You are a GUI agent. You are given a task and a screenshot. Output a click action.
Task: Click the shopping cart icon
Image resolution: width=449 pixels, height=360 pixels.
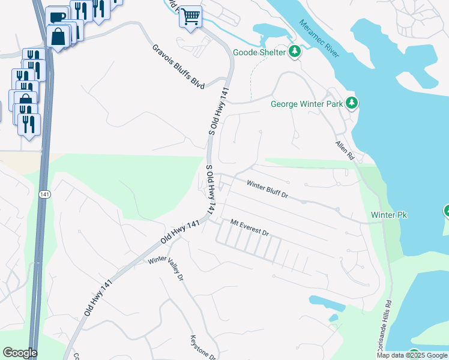tap(190, 16)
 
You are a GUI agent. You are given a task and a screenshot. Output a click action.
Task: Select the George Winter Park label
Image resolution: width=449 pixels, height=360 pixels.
tap(306, 104)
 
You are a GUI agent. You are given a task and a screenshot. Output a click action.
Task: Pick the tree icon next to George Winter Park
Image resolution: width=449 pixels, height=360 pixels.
tap(352, 103)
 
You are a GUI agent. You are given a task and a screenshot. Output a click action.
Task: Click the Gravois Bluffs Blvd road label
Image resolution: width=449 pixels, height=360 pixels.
tap(178, 67)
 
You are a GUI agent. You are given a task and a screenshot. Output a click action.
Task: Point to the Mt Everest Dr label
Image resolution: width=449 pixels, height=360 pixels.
tap(250, 227)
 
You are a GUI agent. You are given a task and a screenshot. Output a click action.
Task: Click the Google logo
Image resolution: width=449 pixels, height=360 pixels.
tap(20, 353)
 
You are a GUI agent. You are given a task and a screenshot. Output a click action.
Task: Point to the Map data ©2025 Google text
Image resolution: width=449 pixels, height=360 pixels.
tap(412, 355)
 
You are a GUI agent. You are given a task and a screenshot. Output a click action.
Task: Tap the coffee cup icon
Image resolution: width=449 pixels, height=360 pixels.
tap(57, 17)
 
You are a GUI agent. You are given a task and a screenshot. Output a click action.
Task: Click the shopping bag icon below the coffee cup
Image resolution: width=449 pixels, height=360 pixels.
tap(58, 37)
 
